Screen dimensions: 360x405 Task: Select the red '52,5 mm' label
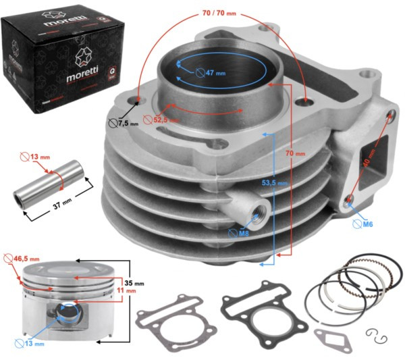(x=165, y=120)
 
